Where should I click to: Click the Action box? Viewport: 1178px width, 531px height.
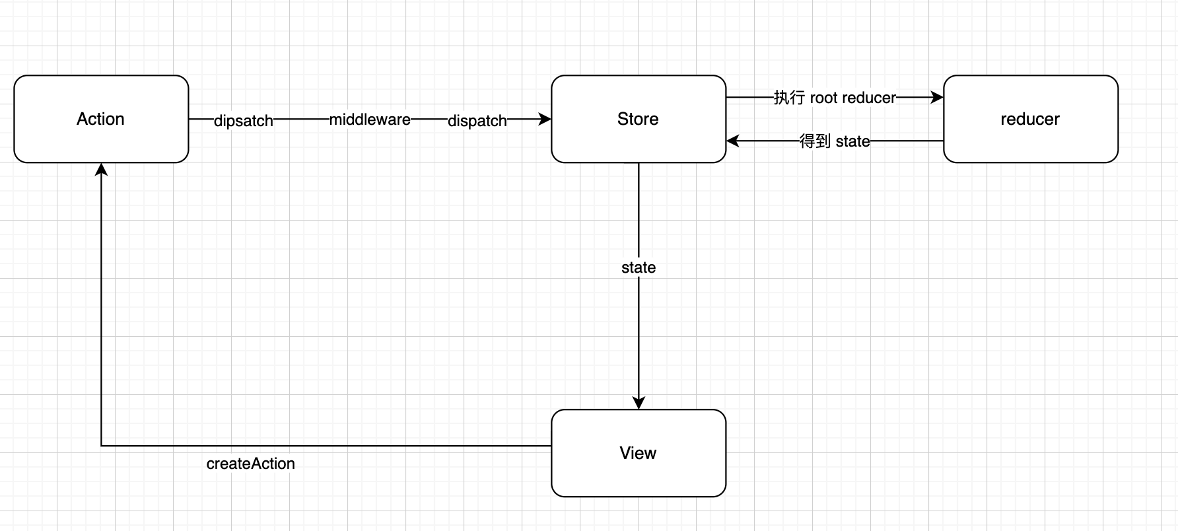tap(101, 119)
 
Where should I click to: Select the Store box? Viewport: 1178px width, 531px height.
tap(639, 119)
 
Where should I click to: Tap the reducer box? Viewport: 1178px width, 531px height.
tap(1031, 119)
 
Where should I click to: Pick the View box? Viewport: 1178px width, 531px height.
tap(639, 453)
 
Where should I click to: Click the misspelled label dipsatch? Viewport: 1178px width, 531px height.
tap(244, 121)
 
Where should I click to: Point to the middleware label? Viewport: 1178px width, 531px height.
tap(370, 120)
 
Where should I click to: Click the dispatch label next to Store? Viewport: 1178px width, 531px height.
tap(477, 121)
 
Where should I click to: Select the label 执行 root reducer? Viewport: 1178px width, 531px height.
tap(835, 98)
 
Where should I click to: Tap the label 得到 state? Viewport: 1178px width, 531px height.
tap(835, 141)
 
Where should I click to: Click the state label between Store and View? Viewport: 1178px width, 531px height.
tap(639, 267)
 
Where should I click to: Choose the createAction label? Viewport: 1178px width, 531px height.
tap(251, 464)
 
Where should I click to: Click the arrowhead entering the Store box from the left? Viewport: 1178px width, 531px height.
tap(545, 119)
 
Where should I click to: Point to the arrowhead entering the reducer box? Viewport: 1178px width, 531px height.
tap(938, 97)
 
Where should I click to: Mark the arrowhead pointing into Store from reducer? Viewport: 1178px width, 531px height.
tap(732, 141)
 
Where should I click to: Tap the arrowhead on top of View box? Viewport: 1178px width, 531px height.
tap(639, 403)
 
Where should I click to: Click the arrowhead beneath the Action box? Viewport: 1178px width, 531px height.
tap(101, 169)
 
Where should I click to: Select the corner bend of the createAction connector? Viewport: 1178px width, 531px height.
tap(101, 446)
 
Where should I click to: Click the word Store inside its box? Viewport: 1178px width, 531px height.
tap(638, 119)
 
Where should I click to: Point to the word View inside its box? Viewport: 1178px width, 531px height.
tap(638, 453)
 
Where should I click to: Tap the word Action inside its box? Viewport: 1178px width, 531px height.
tap(100, 119)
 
